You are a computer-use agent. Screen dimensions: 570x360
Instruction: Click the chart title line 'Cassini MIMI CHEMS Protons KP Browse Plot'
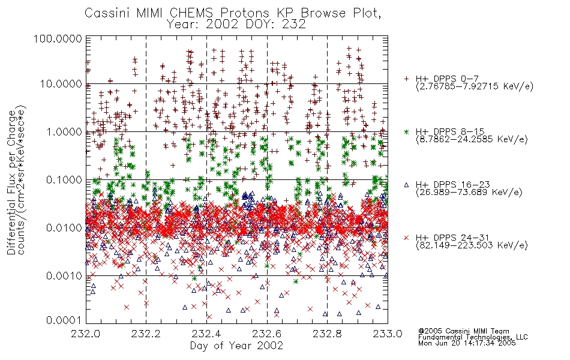(x=233, y=13)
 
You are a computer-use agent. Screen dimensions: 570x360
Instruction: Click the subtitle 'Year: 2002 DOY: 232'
(x=236, y=25)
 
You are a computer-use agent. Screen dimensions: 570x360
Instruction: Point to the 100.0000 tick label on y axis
(x=58, y=38)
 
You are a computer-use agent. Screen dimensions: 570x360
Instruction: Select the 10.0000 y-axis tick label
(x=61, y=84)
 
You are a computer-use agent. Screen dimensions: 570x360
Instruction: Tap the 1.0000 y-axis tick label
(x=64, y=131)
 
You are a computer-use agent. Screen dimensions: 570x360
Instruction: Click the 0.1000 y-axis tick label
(x=64, y=179)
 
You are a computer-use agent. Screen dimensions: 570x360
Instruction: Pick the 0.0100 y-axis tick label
(x=64, y=228)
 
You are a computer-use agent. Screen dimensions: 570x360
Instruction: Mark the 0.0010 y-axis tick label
(x=64, y=276)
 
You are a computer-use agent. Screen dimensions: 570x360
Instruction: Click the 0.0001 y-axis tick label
(x=64, y=320)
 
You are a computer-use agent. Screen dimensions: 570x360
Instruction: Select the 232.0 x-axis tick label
(x=86, y=334)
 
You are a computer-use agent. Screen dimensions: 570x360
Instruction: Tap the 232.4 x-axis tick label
(x=206, y=334)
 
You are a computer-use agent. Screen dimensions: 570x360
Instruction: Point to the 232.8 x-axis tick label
(x=327, y=334)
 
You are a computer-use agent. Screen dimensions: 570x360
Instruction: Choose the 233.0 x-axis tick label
(x=388, y=334)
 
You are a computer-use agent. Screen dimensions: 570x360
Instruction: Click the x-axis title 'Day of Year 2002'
(x=236, y=346)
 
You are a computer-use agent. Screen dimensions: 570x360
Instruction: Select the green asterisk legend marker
(x=406, y=131)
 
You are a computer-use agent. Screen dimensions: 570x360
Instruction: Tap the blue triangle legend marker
(x=406, y=185)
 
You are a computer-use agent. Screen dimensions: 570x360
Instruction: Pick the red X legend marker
(x=406, y=238)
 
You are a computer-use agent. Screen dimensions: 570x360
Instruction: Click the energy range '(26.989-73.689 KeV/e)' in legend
(x=469, y=193)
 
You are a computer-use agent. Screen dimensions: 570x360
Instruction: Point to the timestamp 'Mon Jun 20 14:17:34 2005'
(x=467, y=343)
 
